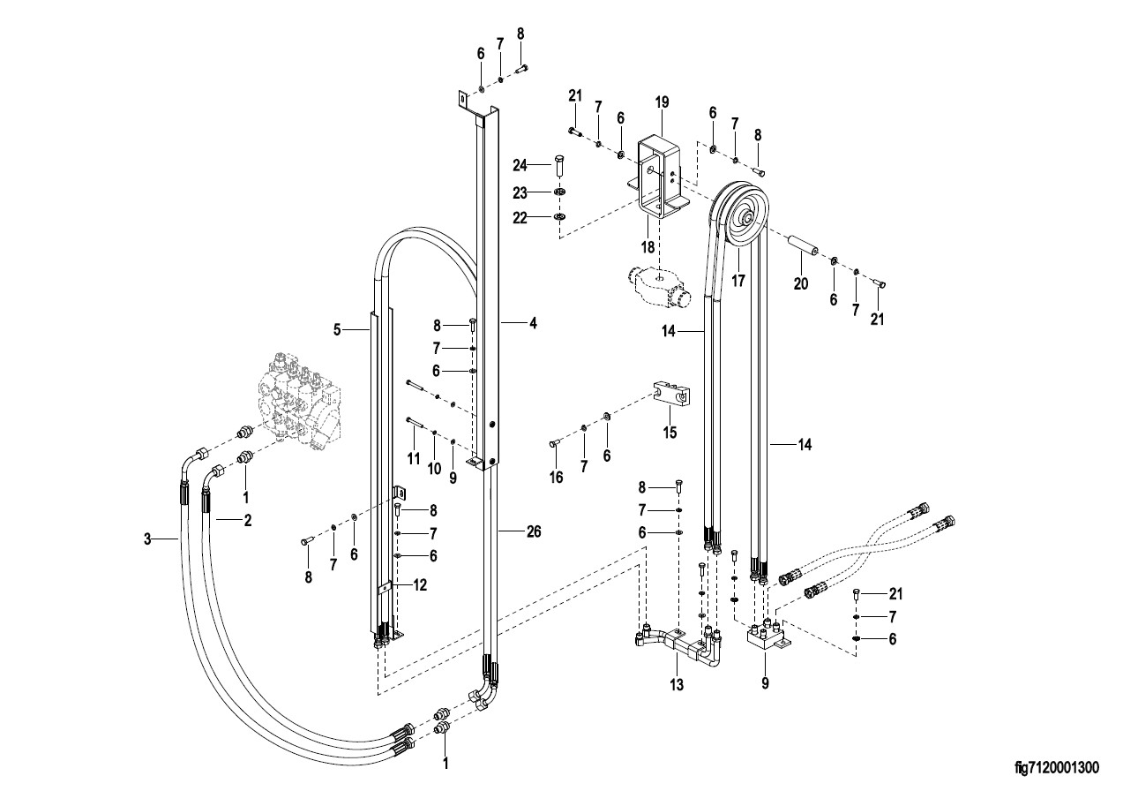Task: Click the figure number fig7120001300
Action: (1057, 768)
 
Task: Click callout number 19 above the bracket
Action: (662, 102)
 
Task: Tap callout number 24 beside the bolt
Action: (520, 164)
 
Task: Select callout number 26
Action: (534, 531)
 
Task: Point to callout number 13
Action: (677, 685)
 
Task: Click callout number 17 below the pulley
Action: (738, 281)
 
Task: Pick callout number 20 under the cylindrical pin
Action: (801, 284)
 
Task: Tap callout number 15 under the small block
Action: (670, 433)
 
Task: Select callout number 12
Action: (420, 584)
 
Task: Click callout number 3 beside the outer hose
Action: (147, 539)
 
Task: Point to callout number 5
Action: (337, 330)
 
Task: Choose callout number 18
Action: (648, 247)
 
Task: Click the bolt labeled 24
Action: (560, 165)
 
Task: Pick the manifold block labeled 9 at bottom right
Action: (767, 637)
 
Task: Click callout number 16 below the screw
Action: (557, 477)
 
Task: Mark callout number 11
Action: (413, 458)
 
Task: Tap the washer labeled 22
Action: (560, 216)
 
